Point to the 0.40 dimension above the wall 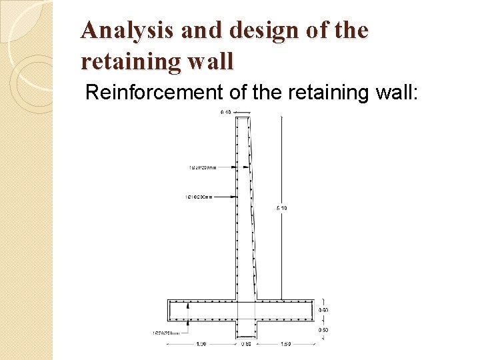(226, 112)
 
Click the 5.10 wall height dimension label (281, 209)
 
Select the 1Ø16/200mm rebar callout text (199, 197)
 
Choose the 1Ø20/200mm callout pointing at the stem (202, 167)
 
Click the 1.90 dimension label (200, 344)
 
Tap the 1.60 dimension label (286, 344)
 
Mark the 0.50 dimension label (323, 330)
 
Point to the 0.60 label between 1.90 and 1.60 (246, 344)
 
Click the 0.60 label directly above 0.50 (323, 310)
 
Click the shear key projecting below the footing (246, 328)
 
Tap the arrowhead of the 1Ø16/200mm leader (234, 197)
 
